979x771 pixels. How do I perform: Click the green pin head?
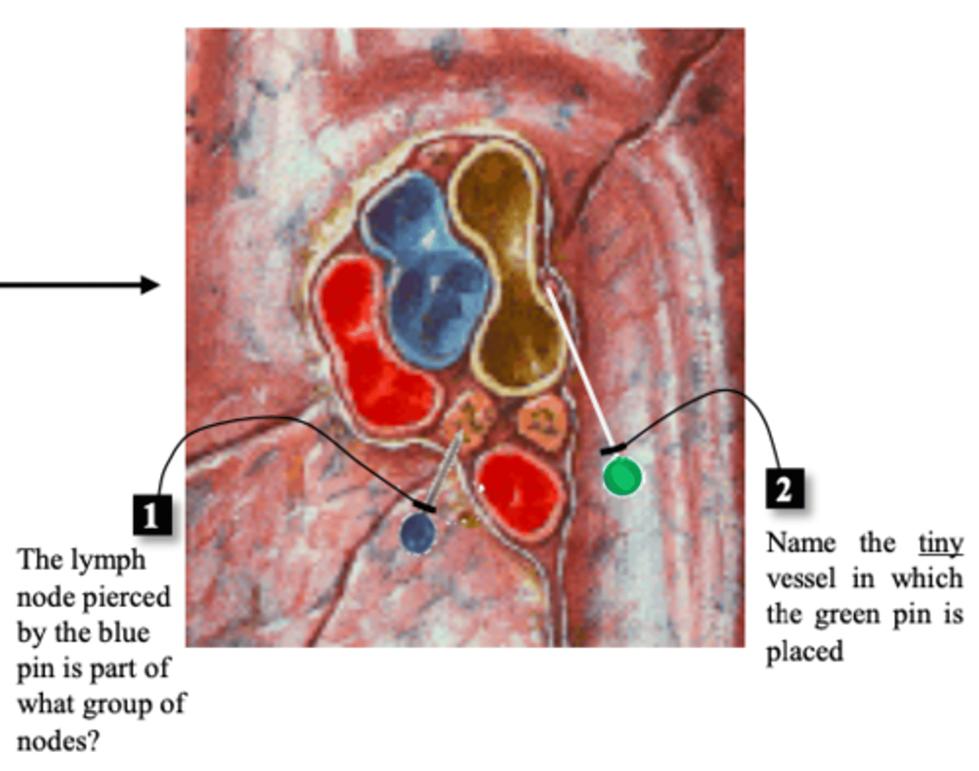(x=622, y=476)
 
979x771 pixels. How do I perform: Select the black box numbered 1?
(x=152, y=515)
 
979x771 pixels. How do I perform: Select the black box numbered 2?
(x=785, y=488)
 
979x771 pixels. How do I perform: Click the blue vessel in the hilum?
(x=428, y=273)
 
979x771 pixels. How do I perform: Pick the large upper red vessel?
(x=373, y=346)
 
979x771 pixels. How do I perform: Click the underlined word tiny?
(x=941, y=543)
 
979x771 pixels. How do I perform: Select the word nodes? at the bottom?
(x=58, y=741)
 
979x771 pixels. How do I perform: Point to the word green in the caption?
(x=847, y=615)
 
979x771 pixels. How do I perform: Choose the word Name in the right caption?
(x=801, y=543)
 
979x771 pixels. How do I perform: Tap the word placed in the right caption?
(x=805, y=651)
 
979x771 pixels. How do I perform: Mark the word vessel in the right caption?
(x=801, y=579)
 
